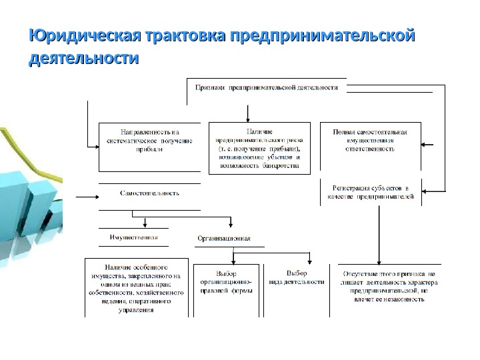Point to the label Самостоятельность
point(149,193)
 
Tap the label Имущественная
point(133,237)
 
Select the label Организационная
point(224,238)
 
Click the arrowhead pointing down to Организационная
point(231,224)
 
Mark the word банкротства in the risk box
point(280,165)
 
